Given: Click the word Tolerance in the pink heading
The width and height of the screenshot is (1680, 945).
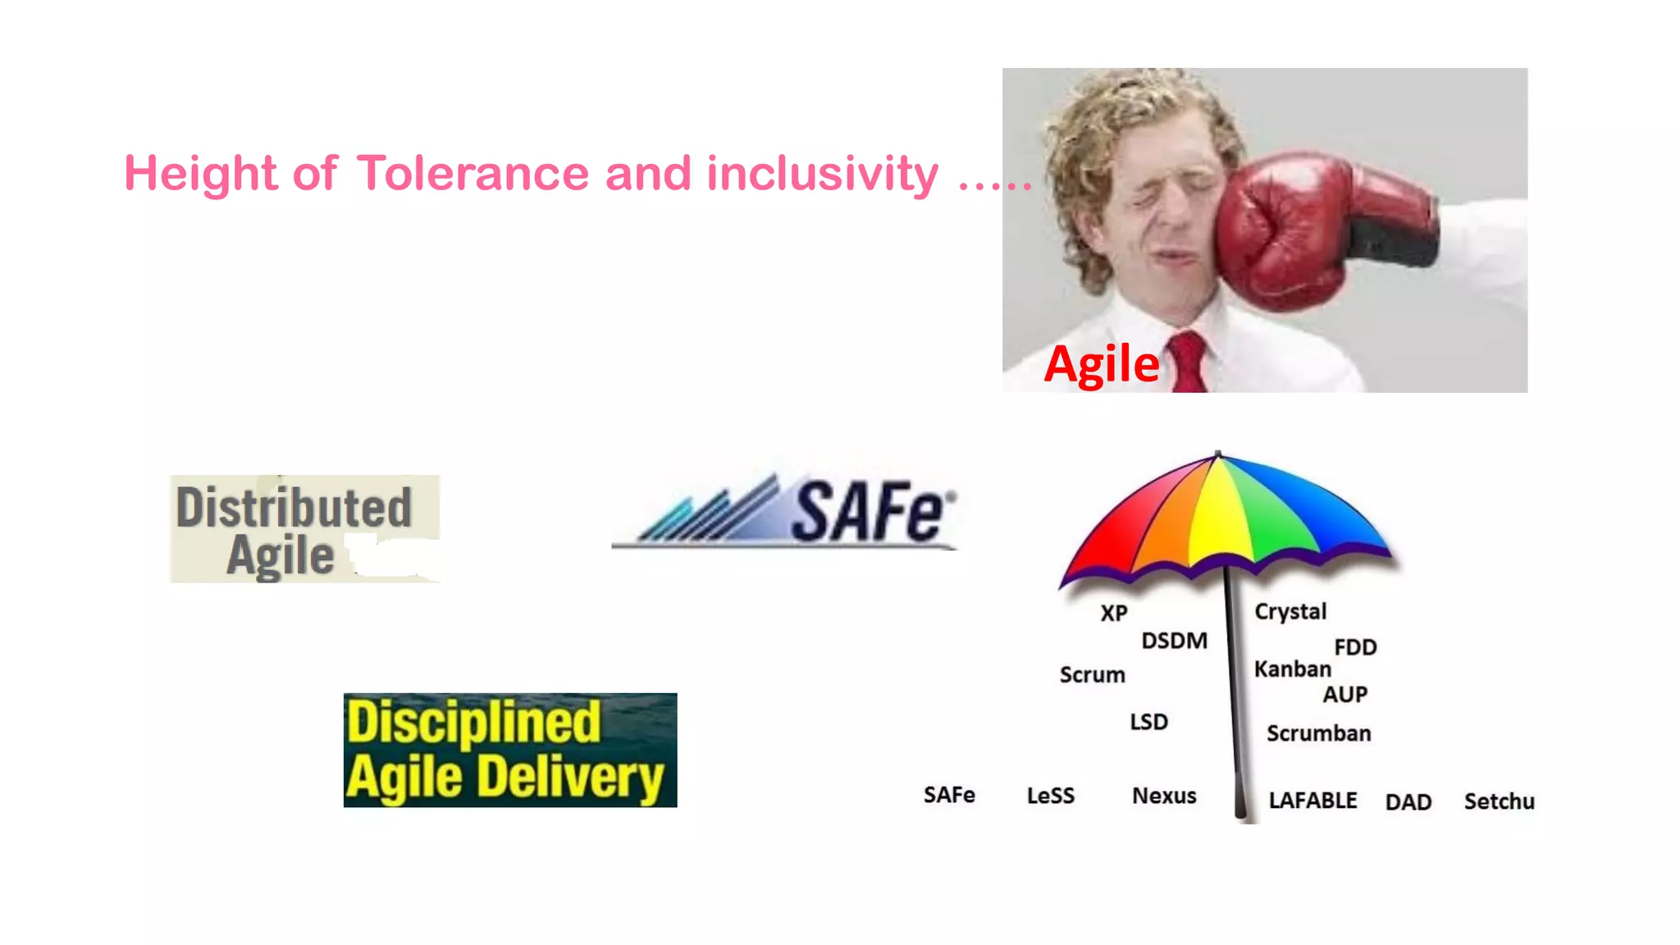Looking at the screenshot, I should (472, 174).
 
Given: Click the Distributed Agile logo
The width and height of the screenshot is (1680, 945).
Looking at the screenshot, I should (304, 529).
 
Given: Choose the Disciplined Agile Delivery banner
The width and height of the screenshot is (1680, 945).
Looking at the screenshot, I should (510, 750).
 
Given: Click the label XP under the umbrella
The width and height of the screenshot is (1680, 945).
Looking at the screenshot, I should (1114, 613).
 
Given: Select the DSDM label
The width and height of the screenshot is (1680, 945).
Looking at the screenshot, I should (1174, 641).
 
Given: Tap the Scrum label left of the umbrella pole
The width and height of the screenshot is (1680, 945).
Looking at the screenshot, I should (1092, 675).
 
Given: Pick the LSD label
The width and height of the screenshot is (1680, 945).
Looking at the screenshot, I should (1148, 722).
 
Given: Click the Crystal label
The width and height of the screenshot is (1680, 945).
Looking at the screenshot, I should (1290, 612).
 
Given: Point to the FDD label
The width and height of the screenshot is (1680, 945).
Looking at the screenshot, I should (1355, 647).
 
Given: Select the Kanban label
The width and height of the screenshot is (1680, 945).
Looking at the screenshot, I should (1292, 669).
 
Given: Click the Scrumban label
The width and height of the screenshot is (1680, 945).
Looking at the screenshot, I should (1318, 733).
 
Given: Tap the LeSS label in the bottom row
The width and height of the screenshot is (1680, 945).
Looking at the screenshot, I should (1050, 796).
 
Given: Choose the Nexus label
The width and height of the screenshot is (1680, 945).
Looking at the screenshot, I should (1164, 796).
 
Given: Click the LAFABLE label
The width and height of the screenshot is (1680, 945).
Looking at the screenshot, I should (1312, 801).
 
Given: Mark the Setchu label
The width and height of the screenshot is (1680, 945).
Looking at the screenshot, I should (1499, 801).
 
